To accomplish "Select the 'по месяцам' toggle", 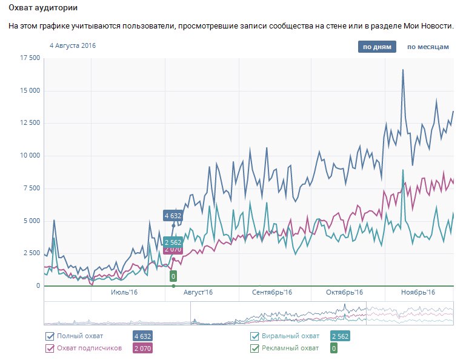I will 428,47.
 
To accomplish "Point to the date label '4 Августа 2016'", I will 73,45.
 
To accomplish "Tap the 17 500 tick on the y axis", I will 30,58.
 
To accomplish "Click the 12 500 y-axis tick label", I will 30,123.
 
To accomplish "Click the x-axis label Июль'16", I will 125,293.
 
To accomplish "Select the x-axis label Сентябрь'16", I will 272,293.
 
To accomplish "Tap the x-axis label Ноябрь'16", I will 418,293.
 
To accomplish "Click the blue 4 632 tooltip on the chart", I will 173,215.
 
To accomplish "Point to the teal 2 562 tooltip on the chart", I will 173,242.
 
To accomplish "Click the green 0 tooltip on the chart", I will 173,277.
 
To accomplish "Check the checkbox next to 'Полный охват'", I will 50,336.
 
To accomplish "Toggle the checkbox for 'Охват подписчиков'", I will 50,348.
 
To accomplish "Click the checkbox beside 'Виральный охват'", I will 255,336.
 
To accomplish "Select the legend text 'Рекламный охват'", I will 290,348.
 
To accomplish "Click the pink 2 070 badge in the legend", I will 142,348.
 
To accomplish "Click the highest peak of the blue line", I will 403,70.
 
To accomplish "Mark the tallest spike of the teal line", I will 403,170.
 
